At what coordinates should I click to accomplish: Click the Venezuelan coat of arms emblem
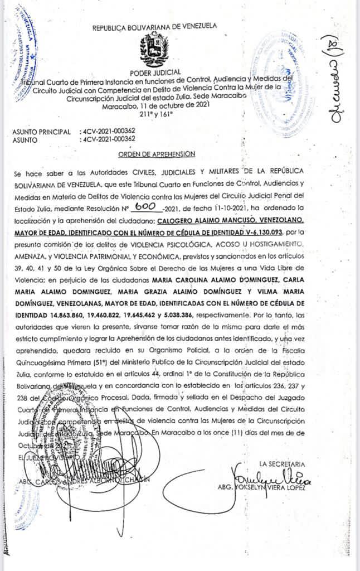tap(154, 50)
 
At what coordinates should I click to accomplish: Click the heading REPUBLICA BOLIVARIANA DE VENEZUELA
tap(154, 26)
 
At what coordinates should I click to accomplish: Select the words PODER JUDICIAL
tap(154, 72)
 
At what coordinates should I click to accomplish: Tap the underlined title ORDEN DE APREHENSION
tap(157, 154)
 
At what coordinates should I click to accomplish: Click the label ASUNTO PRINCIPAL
tap(41, 132)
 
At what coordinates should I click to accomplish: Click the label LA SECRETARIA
tap(282, 464)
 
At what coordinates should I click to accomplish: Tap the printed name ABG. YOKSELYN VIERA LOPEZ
tap(265, 487)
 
